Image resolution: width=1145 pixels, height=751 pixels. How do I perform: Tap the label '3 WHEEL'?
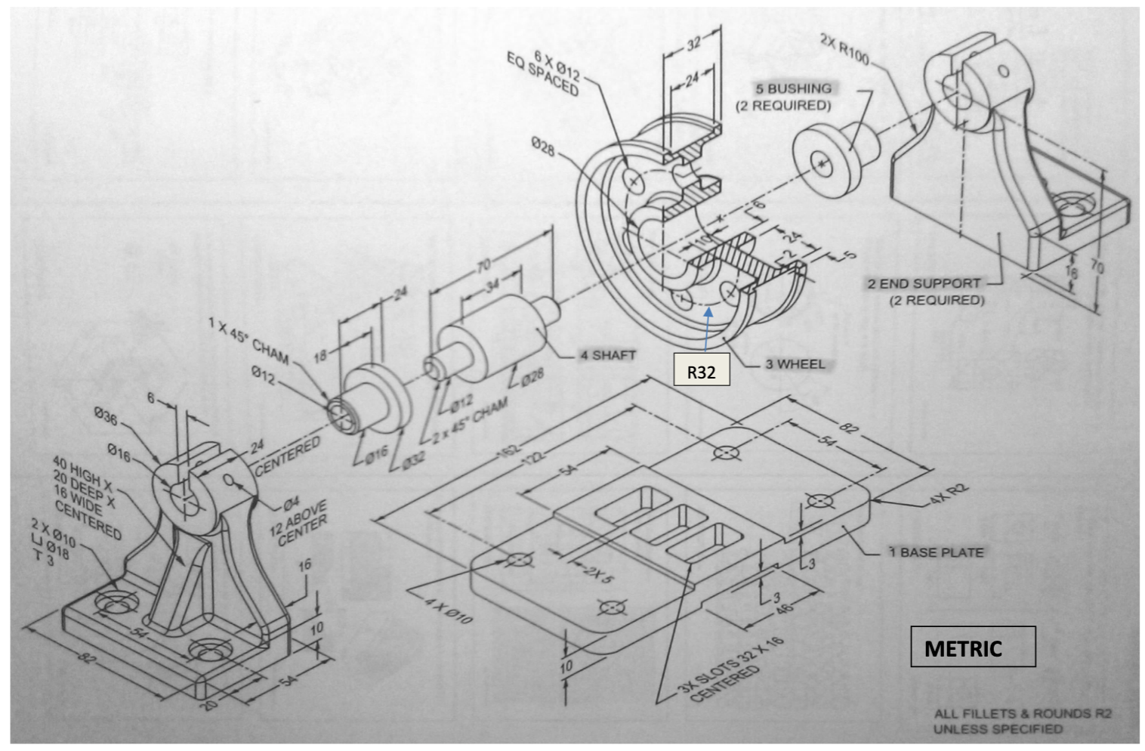pos(795,364)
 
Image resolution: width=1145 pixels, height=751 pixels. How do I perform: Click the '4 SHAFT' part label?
pos(607,355)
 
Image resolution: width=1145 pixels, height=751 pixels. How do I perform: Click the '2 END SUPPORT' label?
pos(924,284)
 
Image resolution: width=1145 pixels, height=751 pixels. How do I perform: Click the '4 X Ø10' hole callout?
pos(448,610)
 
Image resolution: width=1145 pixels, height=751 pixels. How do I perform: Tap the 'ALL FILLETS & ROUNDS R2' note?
pos(1022,713)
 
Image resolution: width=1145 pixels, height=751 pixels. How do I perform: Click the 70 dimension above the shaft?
pos(483,264)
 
